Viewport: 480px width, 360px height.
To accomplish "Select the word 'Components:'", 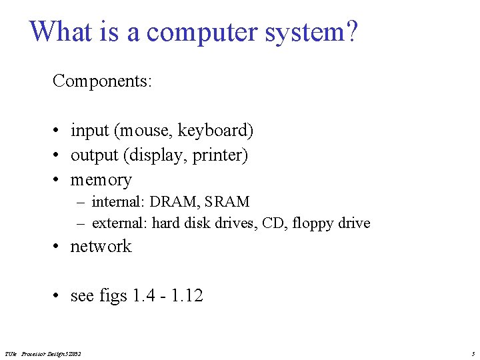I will pyautogui.click(x=103, y=81).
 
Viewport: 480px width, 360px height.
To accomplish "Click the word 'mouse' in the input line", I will pyautogui.click(x=145, y=131).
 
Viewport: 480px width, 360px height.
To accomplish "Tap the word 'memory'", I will pyautogui.click(x=101, y=180).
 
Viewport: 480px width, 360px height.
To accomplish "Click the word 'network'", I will pyautogui.click(x=101, y=247).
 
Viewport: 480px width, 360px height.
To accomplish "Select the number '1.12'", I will pyautogui.click(x=187, y=295).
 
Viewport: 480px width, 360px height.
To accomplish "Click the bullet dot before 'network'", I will pyautogui.click(x=59, y=247).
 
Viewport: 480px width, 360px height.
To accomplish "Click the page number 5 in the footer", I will pyautogui.click(x=473, y=353).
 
